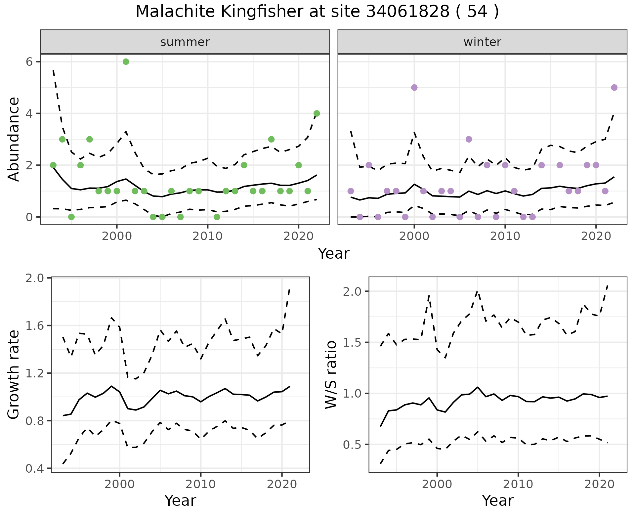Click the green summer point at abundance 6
[x=126, y=62]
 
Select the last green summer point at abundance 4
[x=317, y=113]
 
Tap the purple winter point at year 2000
[x=414, y=88]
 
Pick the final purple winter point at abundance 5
[x=614, y=88]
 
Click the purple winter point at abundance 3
[x=469, y=139]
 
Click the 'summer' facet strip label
[x=185, y=42]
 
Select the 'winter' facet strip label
[x=482, y=42]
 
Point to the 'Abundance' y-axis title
[x=14, y=139]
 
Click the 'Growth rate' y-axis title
[x=14, y=374]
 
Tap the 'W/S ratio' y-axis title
[x=331, y=374]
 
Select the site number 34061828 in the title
[x=408, y=12]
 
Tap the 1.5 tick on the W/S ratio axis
[x=353, y=342]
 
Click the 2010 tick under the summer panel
[x=207, y=237]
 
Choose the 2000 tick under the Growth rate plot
[x=119, y=485]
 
